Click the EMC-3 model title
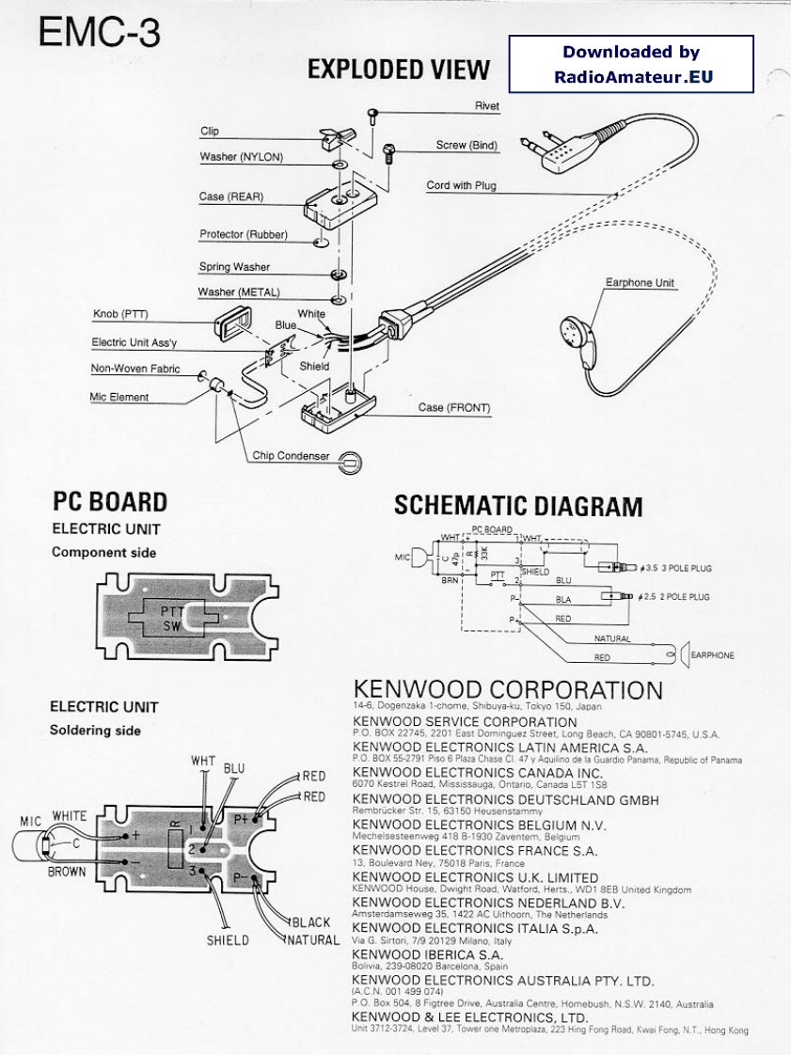99,33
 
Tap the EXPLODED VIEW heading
399,70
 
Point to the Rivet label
487,107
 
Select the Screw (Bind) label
467,146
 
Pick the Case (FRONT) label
454,408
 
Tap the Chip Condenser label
291,456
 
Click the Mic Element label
119,397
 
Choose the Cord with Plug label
461,186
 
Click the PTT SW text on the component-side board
170,618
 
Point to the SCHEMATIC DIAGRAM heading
518,506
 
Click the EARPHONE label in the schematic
713,655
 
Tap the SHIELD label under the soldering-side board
228,940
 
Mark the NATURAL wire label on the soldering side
313,940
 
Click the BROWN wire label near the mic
67,872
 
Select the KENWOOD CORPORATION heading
508,690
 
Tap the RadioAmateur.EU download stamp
631,64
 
